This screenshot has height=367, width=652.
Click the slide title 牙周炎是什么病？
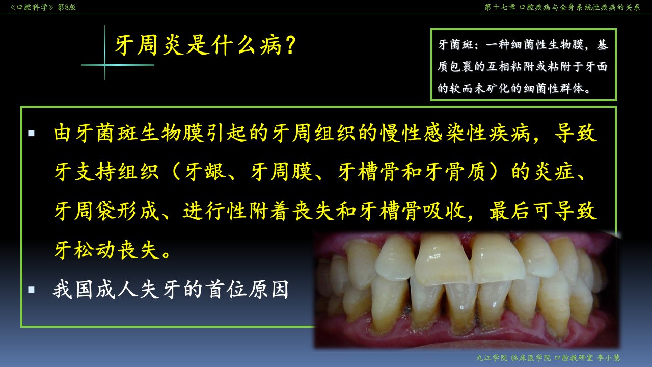(205, 45)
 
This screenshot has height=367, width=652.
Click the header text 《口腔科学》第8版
(43, 7)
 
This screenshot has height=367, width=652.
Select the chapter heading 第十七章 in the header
(500, 7)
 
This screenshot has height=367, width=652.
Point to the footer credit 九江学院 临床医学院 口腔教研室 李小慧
(548, 358)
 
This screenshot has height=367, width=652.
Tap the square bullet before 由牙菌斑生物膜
(32, 134)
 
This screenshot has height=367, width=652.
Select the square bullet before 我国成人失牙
(32, 290)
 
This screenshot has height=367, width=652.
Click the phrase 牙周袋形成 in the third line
(107, 211)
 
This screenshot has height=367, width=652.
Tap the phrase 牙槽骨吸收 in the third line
(412, 211)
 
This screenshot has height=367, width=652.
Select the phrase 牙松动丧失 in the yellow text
(107, 250)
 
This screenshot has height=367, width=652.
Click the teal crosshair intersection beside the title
(105, 65)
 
